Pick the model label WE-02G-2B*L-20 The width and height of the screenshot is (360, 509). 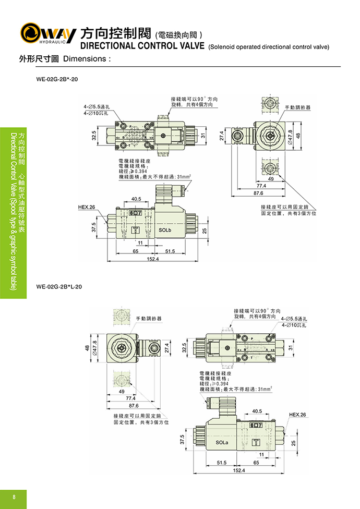coord(59,286)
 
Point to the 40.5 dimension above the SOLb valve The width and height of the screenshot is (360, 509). coord(137,199)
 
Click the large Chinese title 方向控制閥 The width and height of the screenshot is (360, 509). coord(116,33)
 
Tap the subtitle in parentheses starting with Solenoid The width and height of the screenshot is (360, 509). coord(269,47)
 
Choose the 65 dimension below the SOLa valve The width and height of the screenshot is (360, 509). coord(256,463)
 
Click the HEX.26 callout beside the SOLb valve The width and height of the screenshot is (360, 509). coord(87,207)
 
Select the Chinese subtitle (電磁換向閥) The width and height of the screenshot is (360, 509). coord(183,35)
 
